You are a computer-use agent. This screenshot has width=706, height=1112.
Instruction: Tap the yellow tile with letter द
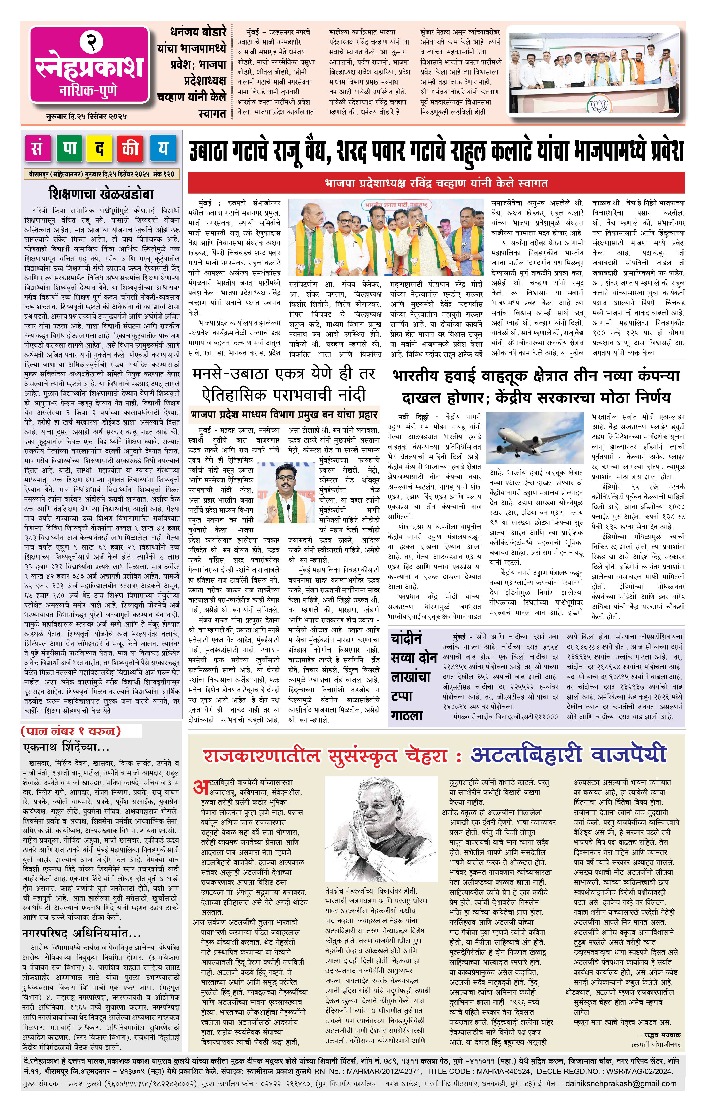pyautogui.click(x=100, y=148)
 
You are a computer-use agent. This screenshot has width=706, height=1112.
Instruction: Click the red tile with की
pyautogui.click(x=131, y=148)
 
